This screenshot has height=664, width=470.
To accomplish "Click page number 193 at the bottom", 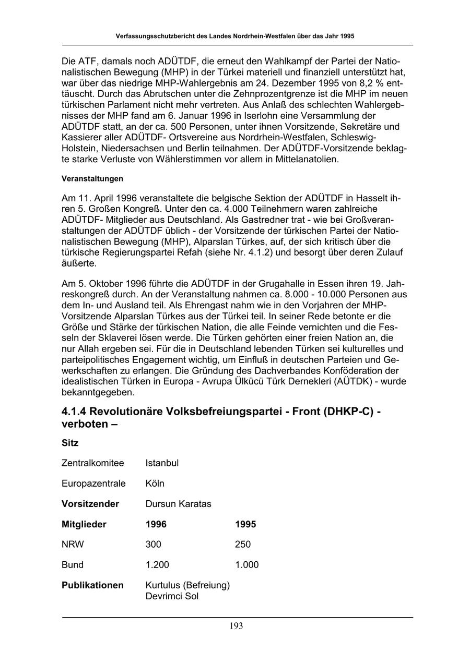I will click(236, 626).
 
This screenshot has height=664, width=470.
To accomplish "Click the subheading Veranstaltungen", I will click(92, 178).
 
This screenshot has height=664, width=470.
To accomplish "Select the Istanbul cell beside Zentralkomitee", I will click(162, 463).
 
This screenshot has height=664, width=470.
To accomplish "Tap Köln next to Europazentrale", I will click(155, 484).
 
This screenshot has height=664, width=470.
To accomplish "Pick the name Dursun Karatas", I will click(179, 504).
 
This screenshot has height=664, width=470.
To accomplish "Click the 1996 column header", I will click(156, 524).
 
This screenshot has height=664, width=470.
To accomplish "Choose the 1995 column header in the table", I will click(245, 524).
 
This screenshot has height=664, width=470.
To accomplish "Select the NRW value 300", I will click(154, 545).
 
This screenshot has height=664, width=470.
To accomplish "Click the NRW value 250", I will click(243, 545).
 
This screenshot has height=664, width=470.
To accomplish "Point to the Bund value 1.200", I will click(157, 565).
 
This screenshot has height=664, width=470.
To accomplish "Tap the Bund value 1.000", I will click(246, 565).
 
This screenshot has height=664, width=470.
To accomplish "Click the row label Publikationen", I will click(92, 585).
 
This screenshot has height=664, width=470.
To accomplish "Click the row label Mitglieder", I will click(84, 524).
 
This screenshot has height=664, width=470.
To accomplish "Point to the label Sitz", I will click(70, 443).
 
